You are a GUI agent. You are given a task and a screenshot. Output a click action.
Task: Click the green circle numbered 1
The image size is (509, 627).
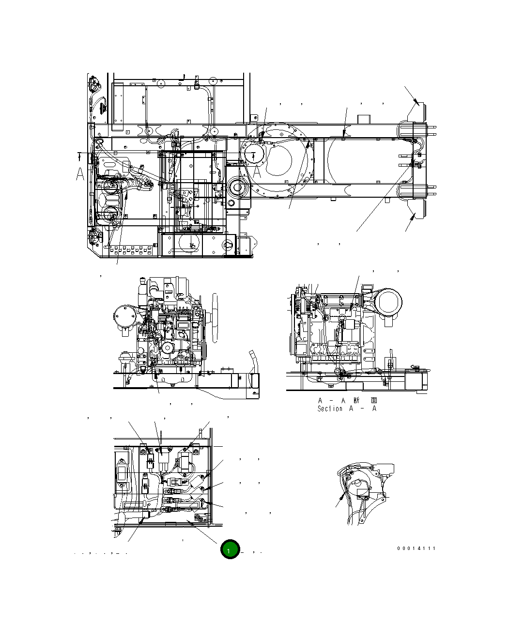pos(230,549)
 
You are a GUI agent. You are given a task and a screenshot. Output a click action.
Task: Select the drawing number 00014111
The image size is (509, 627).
pos(416,549)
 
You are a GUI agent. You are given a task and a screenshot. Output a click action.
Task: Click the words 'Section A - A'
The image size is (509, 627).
pos(347,408)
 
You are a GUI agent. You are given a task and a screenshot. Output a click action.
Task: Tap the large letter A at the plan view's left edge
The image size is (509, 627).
pos(80,174)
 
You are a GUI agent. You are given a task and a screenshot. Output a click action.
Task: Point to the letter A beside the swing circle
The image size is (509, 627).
pos(258,171)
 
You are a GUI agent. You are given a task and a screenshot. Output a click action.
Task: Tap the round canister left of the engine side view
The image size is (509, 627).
pos(124,317)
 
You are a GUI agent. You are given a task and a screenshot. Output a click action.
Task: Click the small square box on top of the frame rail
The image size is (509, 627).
pos(363,119)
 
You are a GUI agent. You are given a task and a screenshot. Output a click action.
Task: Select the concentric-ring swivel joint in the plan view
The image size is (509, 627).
pos(237,186)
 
